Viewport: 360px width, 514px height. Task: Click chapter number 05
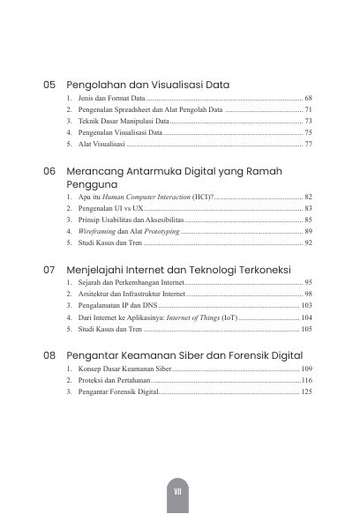tap(49, 86)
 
